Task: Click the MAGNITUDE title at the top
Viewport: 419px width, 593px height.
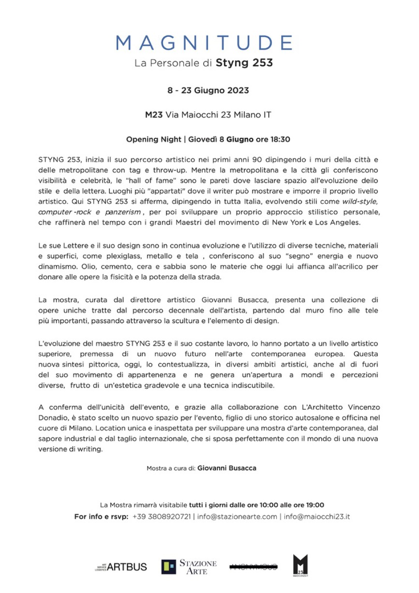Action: (204, 43)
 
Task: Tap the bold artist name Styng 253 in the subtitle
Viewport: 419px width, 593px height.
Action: (244, 63)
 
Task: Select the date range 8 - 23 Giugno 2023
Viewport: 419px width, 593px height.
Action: (208, 90)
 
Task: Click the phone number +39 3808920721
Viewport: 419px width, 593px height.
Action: (161, 517)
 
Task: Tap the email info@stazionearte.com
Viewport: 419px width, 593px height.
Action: (237, 517)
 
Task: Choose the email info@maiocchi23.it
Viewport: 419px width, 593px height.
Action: (316, 517)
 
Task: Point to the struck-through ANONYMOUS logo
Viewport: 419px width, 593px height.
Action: (253, 567)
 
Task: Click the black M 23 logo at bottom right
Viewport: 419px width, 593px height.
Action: (300, 565)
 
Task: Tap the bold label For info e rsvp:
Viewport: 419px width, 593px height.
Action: (101, 517)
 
